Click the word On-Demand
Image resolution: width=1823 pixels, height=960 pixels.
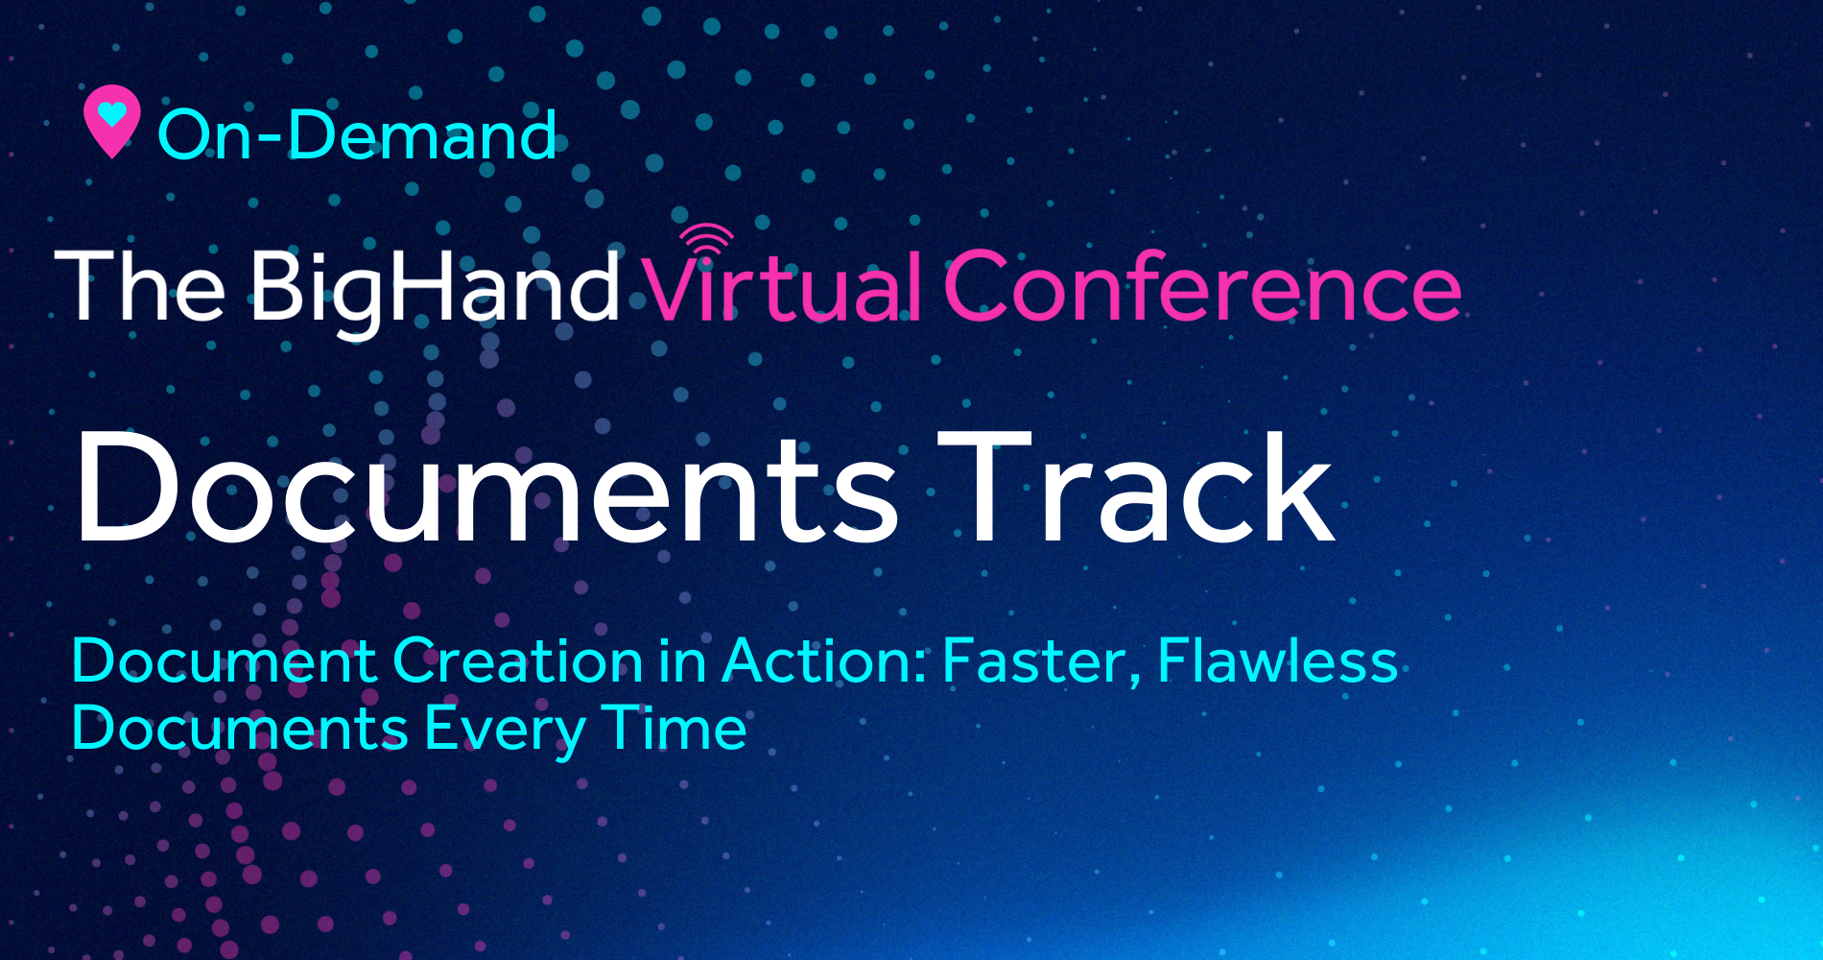[x=357, y=134]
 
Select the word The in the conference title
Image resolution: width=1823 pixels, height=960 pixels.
[x=140, y=285]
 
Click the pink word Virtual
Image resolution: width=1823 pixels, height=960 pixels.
[x=782, y=285]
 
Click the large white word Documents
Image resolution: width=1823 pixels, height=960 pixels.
[x=487, y=488]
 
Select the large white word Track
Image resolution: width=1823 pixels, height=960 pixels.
[x=1136, y=488]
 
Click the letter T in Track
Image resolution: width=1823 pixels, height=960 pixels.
[x=984, y=488]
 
